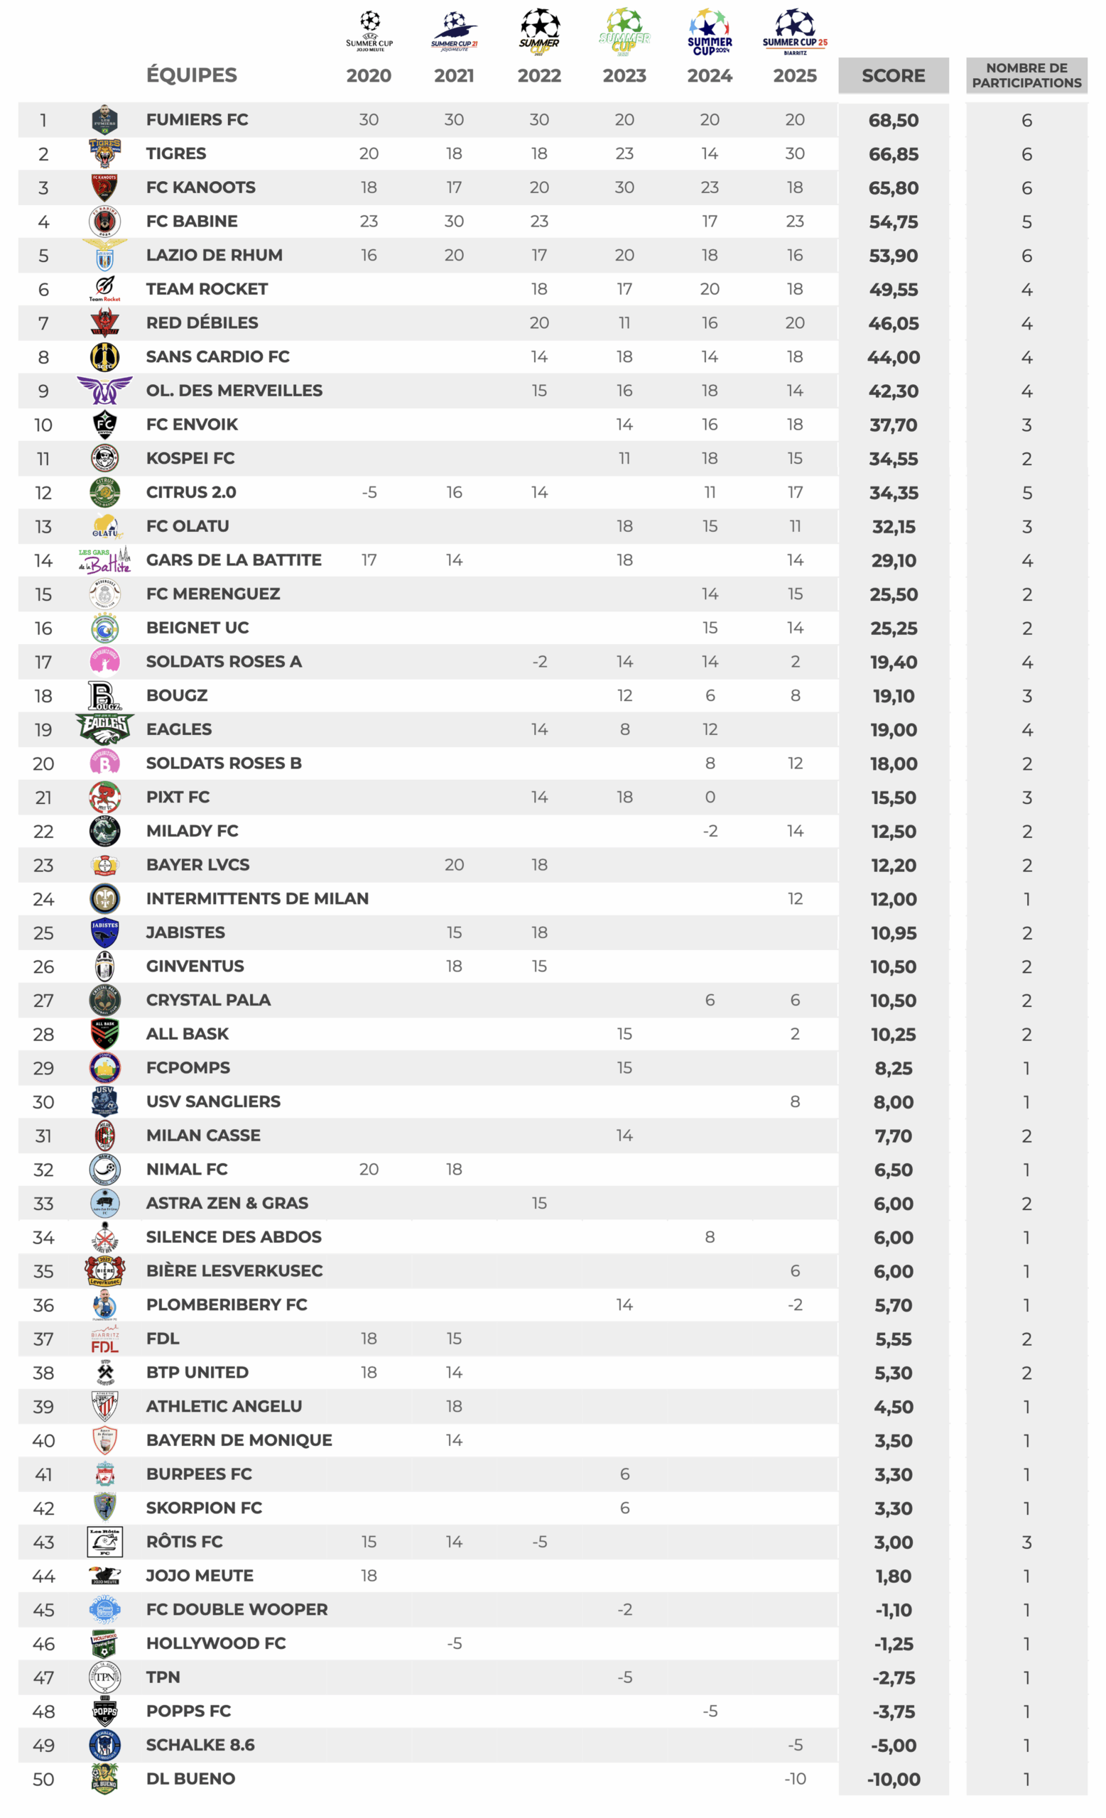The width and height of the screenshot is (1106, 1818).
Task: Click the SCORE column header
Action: (x=893, y=75)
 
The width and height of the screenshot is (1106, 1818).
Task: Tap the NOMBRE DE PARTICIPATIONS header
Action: (x=1026, y=75)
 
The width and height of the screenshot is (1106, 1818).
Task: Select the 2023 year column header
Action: (x=624, y=75)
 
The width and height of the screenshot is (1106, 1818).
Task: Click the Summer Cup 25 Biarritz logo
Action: (x=795, y=31)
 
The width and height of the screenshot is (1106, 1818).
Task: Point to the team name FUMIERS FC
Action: (x=197, y=119)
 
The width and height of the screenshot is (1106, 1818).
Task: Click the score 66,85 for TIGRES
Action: (x=893, y=154)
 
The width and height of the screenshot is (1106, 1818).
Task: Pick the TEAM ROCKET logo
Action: (x=104, y=288)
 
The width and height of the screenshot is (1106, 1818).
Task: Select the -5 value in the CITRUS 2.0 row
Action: (x=369, y=492)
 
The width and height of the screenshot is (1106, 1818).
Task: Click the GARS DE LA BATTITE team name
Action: (x=233, y=560)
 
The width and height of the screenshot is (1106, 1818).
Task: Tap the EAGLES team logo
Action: (x=104, y=729)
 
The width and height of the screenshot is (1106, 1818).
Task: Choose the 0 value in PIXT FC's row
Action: (x=710, y=797)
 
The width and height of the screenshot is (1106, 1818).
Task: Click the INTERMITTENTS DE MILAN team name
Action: (x=256, y=898)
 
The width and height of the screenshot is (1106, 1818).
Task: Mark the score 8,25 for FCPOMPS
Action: (x=893, y=1068)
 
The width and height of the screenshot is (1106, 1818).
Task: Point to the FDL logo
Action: (x=104, y=1339)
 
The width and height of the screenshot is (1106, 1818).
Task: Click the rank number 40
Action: (x=43, y=1441)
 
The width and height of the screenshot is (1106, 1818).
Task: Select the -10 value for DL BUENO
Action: (x=795, y=1779)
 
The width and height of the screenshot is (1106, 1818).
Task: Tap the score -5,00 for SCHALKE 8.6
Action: (x=893, y=1746)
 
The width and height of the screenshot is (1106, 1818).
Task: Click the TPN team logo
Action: (x=104, y=1677)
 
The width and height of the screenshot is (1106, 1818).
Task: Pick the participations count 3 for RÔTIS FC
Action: (x=1026, y=1542)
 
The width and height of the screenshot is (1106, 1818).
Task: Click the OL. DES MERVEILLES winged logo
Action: (x=104, y=390)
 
